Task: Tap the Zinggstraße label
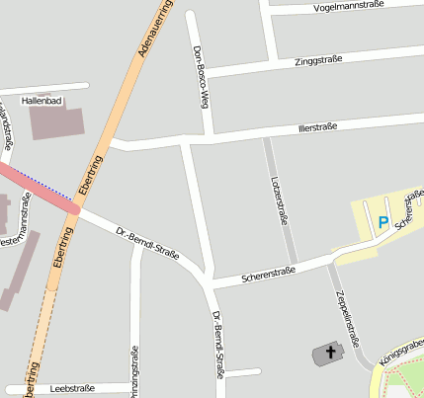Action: tap(319, 61)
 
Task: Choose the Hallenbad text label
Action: tap(42, 101)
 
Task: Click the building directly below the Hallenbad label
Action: tap(56, 122)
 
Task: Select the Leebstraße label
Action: tap(70, 389)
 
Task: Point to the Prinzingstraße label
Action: tap(135, 370)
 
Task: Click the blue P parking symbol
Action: tap(382, 222)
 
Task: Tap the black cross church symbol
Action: tap(330, 352)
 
